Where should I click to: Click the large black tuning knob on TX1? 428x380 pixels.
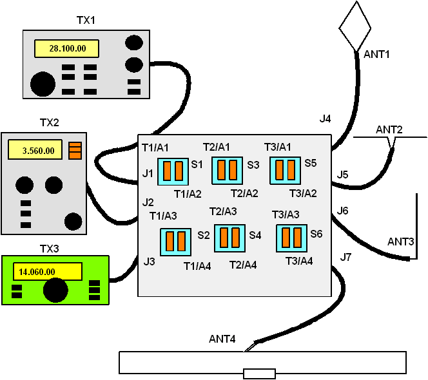(43, 84)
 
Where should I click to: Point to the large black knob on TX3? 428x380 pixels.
(55, 290)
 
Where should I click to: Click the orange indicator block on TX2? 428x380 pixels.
(75, 150)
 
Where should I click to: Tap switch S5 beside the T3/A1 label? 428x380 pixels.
(285, 170)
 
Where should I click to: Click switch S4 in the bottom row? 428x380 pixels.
(230, 238)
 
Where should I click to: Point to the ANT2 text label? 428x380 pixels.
(389, 130)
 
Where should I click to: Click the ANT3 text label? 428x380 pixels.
(400, 242)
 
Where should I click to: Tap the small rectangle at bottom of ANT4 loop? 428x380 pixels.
(259, 374)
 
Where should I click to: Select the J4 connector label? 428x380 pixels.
(326, 119)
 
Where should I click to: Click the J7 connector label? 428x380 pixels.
(345, 258)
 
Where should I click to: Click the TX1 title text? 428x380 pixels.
(85, 20)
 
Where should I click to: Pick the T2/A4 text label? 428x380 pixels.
(244, 265)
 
